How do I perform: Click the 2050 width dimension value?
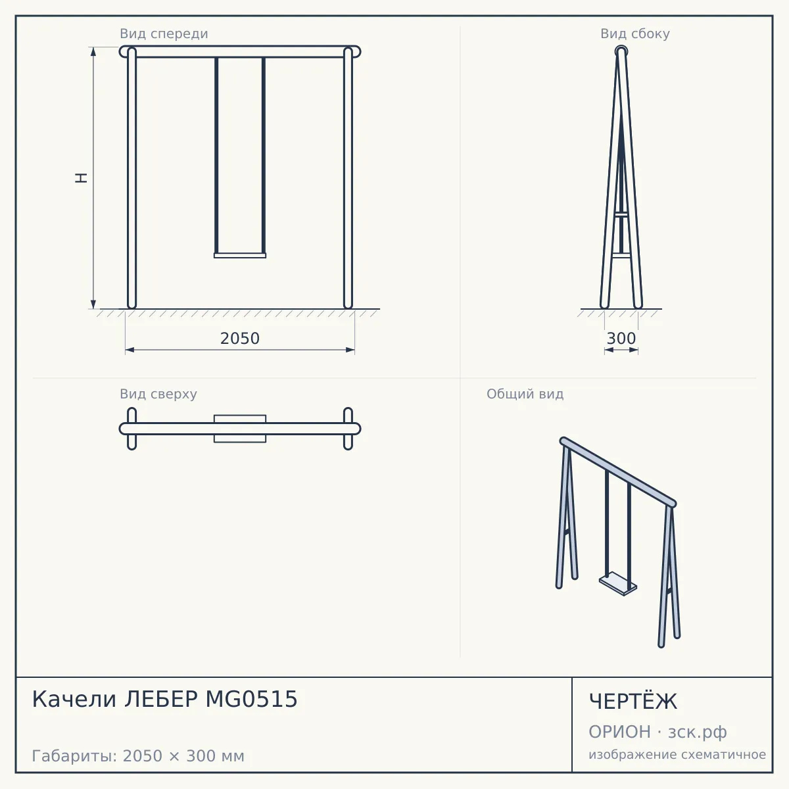tap(239, 339)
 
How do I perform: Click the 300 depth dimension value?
tap(621, 339)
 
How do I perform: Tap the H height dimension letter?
tap(82, 178)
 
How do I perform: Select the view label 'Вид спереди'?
tap(164, 34)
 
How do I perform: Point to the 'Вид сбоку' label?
tap(634, 34)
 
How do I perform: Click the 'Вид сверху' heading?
tap(158, 394)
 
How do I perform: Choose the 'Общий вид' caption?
tap(525, 394)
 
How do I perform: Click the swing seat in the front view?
tap(240, 256)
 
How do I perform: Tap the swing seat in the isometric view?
tap(618, 584)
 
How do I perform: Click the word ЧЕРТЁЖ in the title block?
tap(633, 702)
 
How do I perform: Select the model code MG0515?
tap(251, 699)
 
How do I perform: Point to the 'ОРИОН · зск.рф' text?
tap(657, 732)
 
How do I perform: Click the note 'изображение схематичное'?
tap(677, 754)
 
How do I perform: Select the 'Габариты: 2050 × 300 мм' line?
tap(138, 756)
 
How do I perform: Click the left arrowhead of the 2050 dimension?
tap(130, 350)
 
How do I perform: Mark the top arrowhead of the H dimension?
tap(93, 51)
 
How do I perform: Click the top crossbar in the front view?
tap(240, 52)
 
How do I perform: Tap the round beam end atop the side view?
tap(621, 51)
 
